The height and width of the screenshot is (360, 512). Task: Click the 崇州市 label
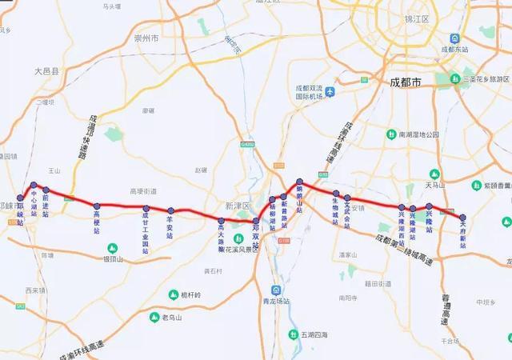click(x=147, y=38)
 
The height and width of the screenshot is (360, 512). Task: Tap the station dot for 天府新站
click(x=462, y=217)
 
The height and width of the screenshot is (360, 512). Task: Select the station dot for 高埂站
click(x=96, y=206)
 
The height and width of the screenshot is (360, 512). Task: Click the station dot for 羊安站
click(x=170, y=211)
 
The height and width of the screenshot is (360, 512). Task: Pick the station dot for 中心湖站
click(x=34, y=185)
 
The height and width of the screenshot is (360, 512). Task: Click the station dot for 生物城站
click(x=336, y=194)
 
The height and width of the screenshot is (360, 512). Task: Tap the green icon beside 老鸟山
click(x=155, y=317)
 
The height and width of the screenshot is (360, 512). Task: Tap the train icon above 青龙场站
click(x=276, y=290)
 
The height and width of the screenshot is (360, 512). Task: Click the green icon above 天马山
click(x=435, y=174)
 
